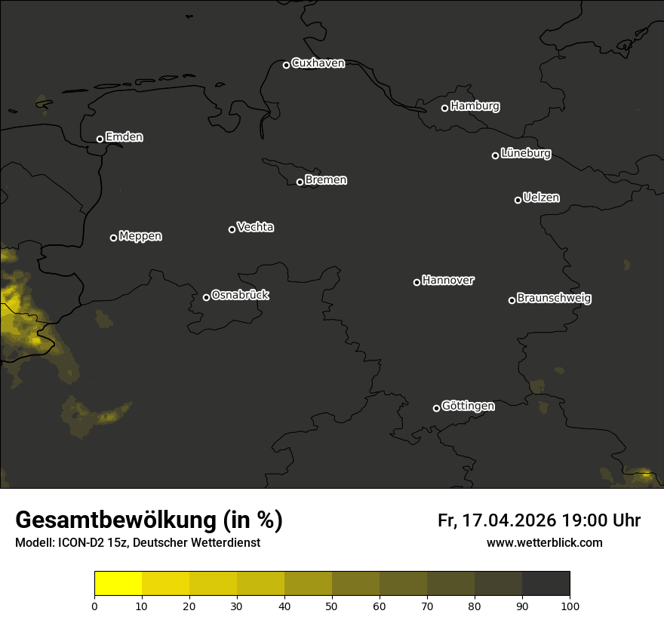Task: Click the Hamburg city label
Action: pos(475,106)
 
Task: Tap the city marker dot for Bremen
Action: pos(300,182)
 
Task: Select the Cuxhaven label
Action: pos(318,63)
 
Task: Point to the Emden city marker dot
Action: pos(100,139)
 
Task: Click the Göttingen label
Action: pos(468,407)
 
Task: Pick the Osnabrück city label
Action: pos(240,296)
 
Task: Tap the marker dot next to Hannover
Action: pos(417,282)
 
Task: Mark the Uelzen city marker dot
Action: pos(518,200)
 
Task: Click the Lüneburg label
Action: pos(525,154)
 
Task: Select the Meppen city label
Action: pos(140,237)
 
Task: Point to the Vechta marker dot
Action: pos(232,229)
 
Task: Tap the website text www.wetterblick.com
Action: pos(544,543)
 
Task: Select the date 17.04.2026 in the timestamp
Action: pos(509,520)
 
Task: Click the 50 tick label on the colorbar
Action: pos(332,606)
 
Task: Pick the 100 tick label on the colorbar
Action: pos(570,606)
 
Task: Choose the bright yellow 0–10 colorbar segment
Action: pos(118,584)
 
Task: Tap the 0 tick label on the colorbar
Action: pos(94,606)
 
